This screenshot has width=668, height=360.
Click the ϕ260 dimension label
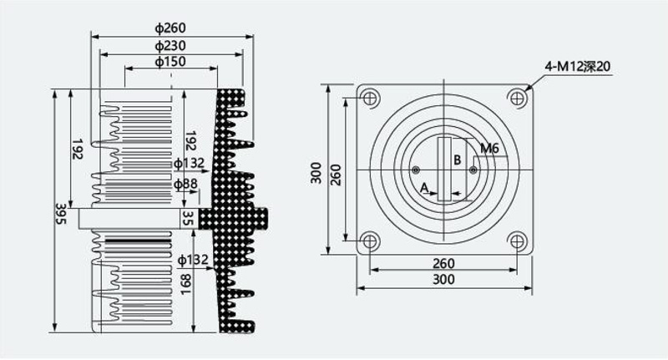[170, 28]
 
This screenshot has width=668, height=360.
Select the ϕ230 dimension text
[170, 45]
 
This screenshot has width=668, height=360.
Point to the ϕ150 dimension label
[170, 62]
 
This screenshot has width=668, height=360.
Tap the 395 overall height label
[61, 214]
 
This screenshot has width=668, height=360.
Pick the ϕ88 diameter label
[185, 184]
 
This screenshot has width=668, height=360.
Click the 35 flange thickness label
[189, 218]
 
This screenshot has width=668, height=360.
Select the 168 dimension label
[185, 285]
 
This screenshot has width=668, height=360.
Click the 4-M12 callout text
[578, 67]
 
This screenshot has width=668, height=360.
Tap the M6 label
[489, 149]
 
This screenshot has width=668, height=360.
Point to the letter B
[457, 160]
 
